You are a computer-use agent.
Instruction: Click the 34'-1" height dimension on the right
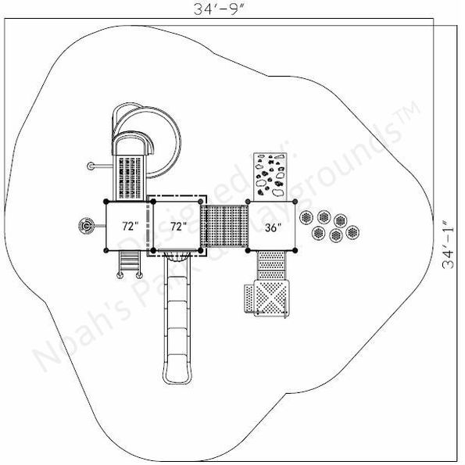point(449,245)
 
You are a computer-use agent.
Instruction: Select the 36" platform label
point(272,227)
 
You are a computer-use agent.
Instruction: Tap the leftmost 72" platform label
point(130,226)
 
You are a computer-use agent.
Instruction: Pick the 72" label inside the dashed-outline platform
point(178,226)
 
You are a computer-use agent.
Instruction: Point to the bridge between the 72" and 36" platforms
point(225,226)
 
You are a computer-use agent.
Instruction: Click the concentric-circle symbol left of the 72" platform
point(87,227)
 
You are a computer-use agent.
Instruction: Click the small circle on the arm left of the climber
point(91,165)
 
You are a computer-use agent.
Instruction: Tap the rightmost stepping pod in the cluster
point(352,232)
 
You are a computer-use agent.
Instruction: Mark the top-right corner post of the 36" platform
point(297,202)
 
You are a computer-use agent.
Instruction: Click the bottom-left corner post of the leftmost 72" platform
point(106,251)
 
